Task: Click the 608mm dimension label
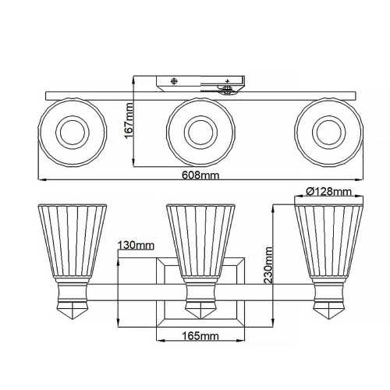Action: point(200,175)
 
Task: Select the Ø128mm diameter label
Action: point(329,192)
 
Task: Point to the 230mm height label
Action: point(268,265)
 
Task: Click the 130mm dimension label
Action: point(136,245)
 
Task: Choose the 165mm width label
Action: point(200,336)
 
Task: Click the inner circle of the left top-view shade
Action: point(73,132)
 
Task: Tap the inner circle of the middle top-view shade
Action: point(200,132)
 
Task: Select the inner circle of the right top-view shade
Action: point(328,132)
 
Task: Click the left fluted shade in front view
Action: point(73,241)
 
